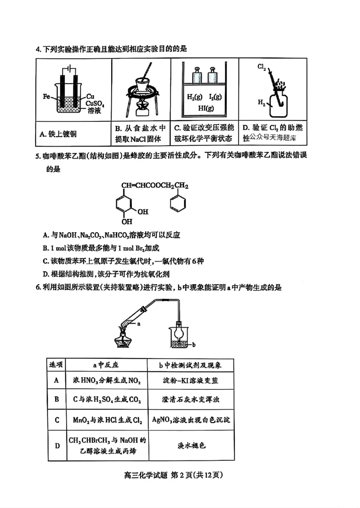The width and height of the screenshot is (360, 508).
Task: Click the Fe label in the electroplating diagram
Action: (46, 96)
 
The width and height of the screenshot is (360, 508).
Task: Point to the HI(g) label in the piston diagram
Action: (206, 108)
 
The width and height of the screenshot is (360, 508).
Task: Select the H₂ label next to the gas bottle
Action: (261, 103)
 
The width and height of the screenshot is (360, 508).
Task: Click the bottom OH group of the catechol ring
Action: (128, 221)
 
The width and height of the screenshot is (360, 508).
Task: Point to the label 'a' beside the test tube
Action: (139, 322)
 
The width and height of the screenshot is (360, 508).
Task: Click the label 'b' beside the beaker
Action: (193, 345)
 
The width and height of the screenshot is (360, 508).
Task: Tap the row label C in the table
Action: (57, 420)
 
